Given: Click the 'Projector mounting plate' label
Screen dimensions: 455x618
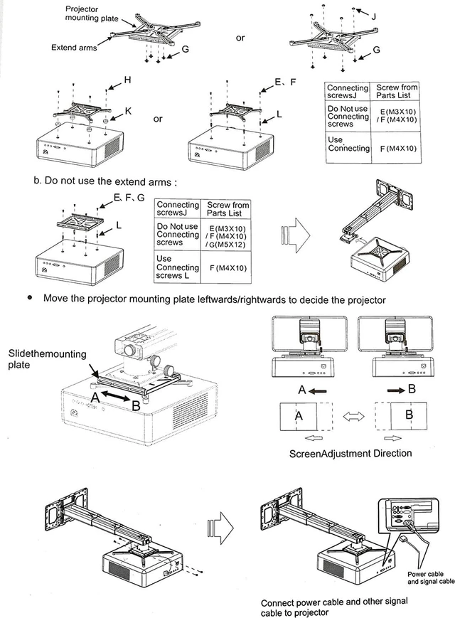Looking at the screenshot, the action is point(92,14).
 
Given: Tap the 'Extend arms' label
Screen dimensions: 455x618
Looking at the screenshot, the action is point(74,48).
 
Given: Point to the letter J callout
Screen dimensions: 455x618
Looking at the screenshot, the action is point(373,16).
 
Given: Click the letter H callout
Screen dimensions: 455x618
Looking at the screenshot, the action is point(127,80).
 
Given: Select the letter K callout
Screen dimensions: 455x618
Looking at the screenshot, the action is point(128,111).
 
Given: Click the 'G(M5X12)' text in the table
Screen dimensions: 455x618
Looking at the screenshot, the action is point(227,245).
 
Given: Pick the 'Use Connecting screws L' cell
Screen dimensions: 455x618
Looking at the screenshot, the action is point(177,267).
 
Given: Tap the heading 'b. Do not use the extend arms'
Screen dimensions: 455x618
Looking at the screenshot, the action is point(105,181).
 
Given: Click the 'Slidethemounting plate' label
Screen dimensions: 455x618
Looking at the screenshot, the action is point(47,359).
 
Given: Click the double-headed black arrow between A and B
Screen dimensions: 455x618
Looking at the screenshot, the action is point(116,396).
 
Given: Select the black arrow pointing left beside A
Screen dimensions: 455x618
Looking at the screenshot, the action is point(318,391).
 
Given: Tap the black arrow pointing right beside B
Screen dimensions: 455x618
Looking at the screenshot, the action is point(396,390).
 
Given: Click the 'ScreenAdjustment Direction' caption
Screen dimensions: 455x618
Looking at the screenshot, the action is point(350,454).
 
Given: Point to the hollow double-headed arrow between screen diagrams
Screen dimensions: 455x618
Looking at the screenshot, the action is point(354,416).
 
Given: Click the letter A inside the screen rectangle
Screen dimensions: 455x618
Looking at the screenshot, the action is point(299,416).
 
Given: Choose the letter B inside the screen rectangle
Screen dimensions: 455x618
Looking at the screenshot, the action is point(409,415).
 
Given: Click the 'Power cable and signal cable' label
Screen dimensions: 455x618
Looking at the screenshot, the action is point(431,577).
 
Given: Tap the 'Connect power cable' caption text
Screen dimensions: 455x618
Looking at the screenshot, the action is point(334,607).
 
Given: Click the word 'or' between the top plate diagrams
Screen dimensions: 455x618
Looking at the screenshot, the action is point(240,38).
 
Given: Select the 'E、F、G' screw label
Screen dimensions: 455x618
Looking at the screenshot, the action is point(129,198).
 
